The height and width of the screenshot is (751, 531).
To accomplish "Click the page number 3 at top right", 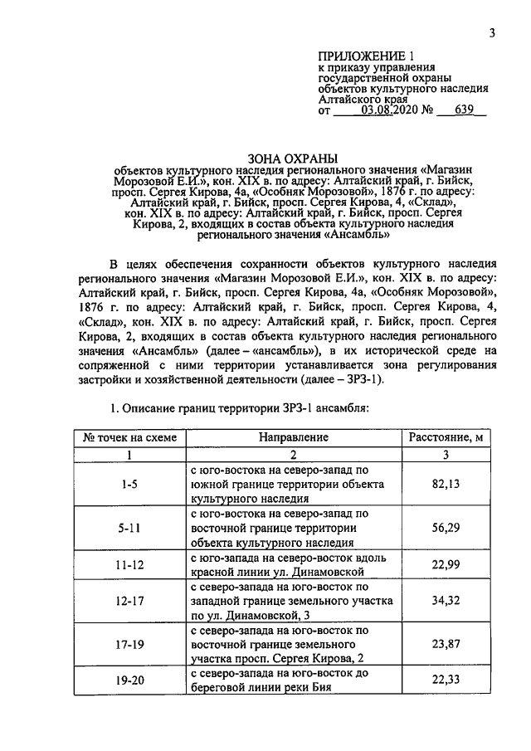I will (x=491, y=33).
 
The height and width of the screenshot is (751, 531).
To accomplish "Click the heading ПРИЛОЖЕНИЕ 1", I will (x=365, y=55).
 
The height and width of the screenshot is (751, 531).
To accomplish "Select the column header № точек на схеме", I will (x=129, y=436).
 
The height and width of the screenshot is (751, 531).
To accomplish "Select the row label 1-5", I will (x=129, y=484).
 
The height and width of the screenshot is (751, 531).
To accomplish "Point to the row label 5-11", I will (x=129, y=527).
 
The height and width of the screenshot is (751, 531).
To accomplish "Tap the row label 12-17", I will (x=129, y=600).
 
